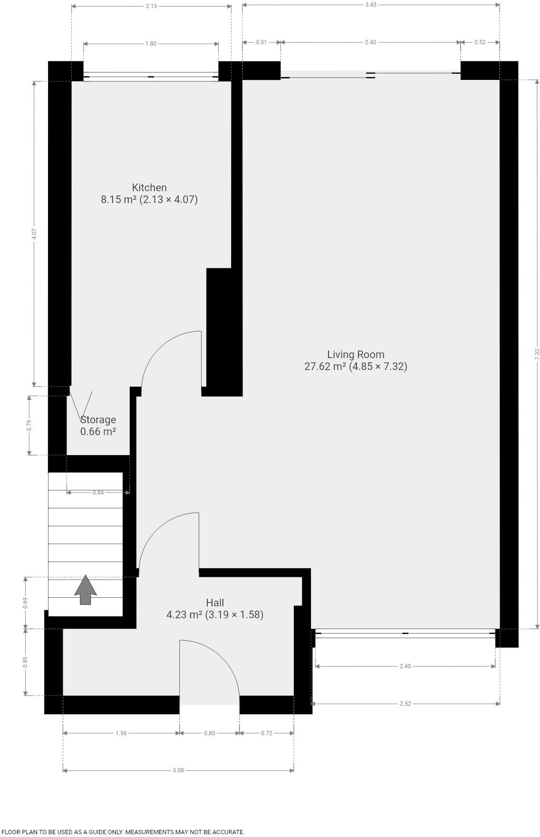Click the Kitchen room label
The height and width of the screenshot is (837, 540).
[x=149, y=187]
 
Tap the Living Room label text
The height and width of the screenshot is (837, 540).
[x=356, y=354]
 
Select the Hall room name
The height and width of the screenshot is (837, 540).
[x=215, y=603]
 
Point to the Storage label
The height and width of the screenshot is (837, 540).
[x=98, y=419]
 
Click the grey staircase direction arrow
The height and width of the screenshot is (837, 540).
[x=86, y=590]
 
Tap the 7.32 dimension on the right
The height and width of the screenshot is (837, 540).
[x=537, y=354]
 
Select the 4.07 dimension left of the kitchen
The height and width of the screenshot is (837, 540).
[x=34, y=234]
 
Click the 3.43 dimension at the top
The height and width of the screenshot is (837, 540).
[x=371, y=5]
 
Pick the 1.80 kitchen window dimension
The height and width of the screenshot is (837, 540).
[x=151, y=44]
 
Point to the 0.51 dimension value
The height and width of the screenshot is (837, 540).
[x=261, y=42]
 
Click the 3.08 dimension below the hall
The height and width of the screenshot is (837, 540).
[x=178, y=770]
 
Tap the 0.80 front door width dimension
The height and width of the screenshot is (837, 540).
[x=209, y=733]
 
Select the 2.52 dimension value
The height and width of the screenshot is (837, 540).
[x=405, y=703]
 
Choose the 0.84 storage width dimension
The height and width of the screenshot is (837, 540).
[x=98, y=493]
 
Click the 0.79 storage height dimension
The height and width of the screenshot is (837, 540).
[x=29, y=425]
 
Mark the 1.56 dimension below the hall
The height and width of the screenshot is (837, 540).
[x=121, y=733]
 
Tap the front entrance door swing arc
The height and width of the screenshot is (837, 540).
[x=223, y=656]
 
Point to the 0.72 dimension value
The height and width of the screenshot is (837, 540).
[x=267, y=733]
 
